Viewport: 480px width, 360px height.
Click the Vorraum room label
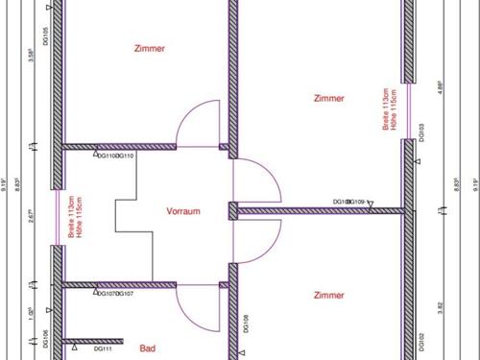182,211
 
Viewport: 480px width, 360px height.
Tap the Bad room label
147,349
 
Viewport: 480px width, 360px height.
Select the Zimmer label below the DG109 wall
328,296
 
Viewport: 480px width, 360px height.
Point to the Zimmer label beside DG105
149,48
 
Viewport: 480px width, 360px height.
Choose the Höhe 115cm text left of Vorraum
80,220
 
